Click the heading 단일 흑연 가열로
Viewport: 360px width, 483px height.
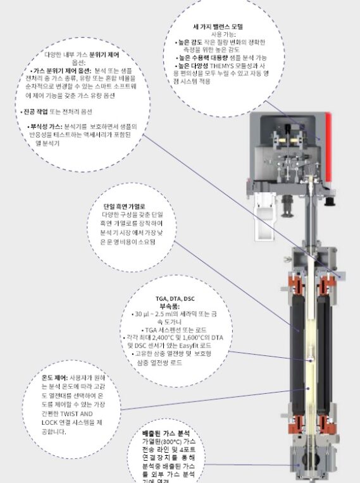pos(125,207)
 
